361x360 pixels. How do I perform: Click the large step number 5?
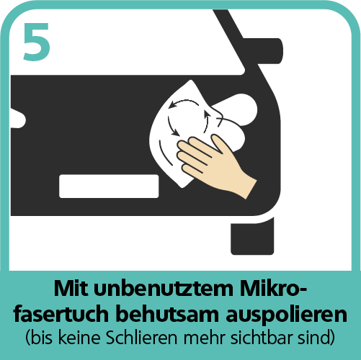37,42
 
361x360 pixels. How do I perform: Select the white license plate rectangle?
109,186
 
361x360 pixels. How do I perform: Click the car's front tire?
252,236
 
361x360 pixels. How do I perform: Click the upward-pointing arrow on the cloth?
206,121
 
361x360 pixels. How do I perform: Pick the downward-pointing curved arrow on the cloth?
171,126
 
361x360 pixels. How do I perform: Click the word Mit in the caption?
71,289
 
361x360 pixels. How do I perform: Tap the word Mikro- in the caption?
274,288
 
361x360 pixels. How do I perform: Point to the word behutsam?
167,314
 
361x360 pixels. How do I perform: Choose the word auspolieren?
286,315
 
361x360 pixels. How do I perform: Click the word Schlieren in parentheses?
142,338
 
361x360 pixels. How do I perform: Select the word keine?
79,338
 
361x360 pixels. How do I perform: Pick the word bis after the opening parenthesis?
41,338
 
